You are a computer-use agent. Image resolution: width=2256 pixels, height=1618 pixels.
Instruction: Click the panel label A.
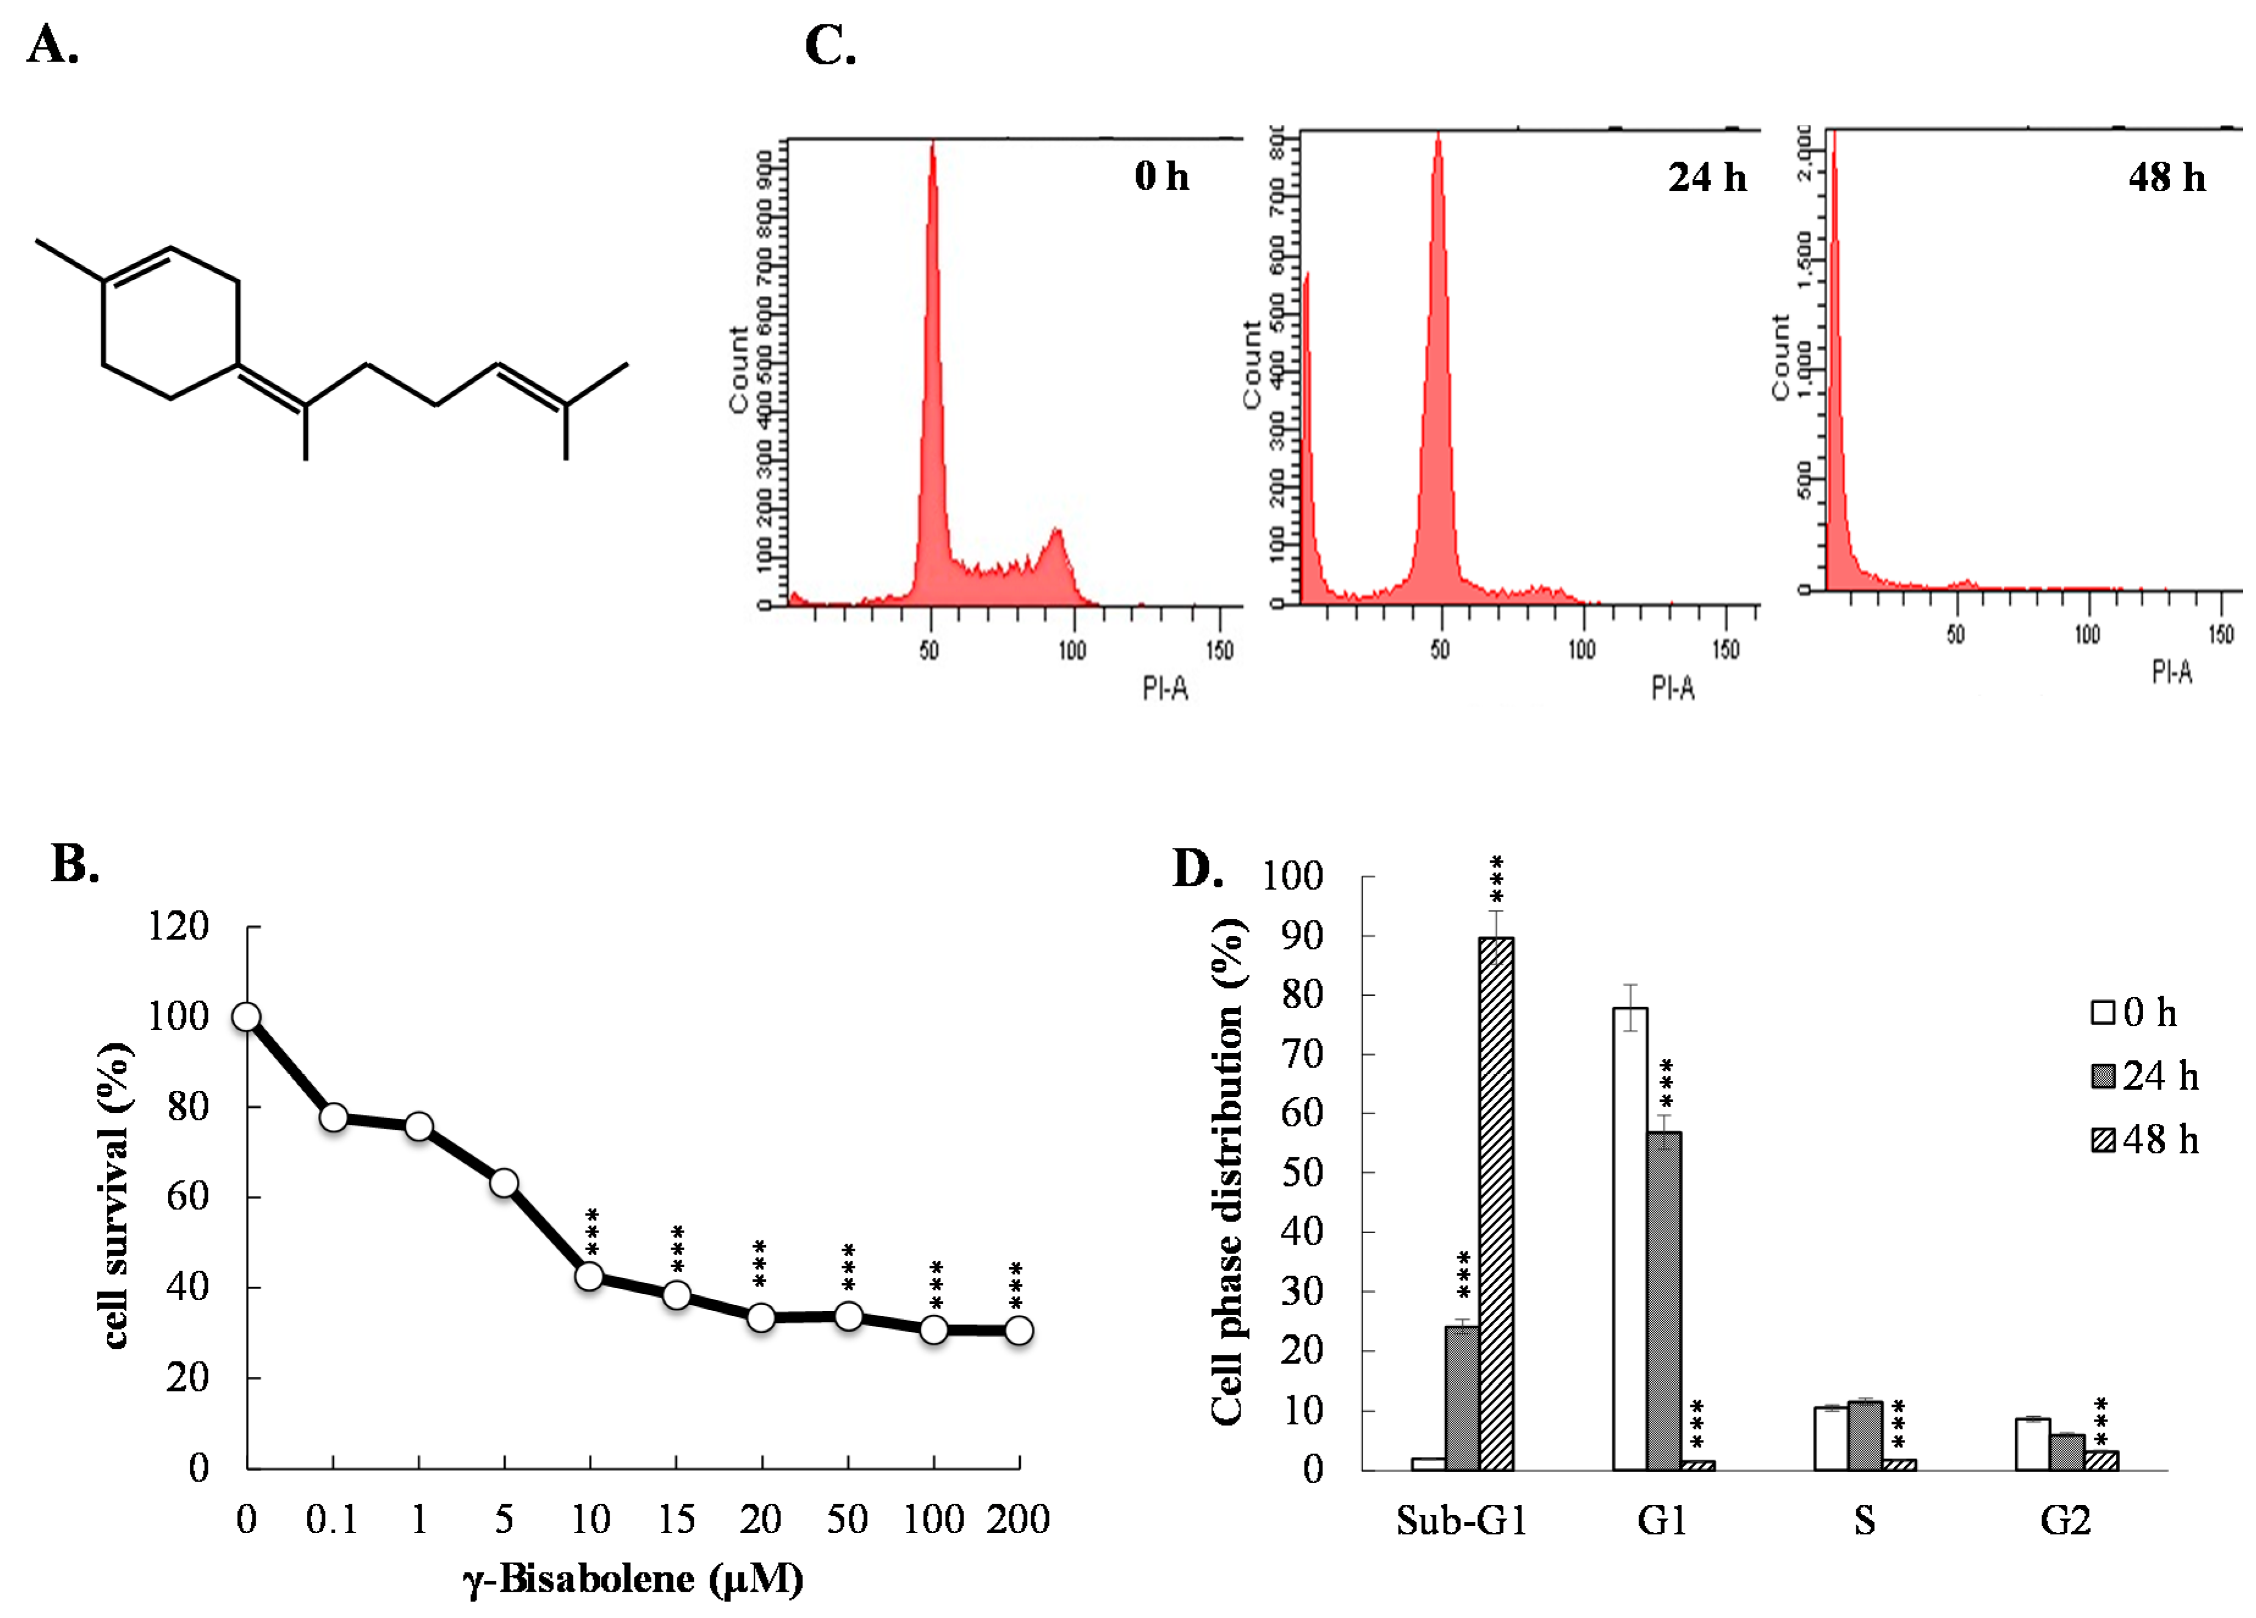[x=52, y=45]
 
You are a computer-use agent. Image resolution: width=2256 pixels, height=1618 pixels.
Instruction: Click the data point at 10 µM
[x=590, y=1276]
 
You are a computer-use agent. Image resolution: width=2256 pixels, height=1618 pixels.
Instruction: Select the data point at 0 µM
[x=247, y=1016]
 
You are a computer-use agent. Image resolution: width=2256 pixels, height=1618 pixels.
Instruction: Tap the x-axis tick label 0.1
[x=331, y=1519]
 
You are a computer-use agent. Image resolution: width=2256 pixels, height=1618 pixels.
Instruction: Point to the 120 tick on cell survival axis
[x=179, y=927]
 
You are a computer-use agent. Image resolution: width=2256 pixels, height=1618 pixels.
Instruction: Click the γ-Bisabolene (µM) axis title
[x=633, y=1578]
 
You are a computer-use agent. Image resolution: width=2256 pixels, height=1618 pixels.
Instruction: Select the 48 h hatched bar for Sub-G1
[x=1496, y=1203]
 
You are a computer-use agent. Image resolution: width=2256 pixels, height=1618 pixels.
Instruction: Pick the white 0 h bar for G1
[x=1629, y=1238]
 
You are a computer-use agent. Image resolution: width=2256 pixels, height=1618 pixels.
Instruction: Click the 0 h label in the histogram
[x=1161, y=176]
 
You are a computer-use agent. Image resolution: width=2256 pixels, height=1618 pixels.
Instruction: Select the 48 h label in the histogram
[x=2166, y=177]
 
